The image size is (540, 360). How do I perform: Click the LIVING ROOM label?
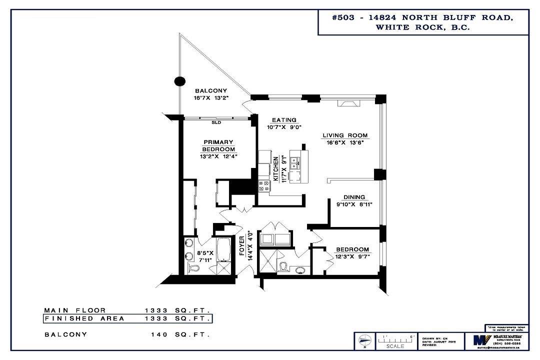(345, 135)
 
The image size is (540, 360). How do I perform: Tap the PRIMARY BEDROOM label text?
(218, 146)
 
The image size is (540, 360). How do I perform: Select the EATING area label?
(284, 120)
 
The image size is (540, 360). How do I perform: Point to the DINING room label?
(353, 197)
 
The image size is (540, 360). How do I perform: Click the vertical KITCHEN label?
(275, 169)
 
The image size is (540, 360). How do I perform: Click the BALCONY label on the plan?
(211, 91)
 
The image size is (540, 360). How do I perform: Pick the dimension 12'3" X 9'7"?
(352, 257)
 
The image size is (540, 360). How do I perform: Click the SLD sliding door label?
(216, 122)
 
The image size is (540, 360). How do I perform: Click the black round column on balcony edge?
(179, 81)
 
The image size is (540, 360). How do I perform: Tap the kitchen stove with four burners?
(263, 186)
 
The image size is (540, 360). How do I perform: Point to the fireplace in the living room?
(348, 103)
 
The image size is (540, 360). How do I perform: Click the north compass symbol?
(364, 341)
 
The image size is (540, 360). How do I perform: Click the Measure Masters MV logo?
(478, 340)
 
